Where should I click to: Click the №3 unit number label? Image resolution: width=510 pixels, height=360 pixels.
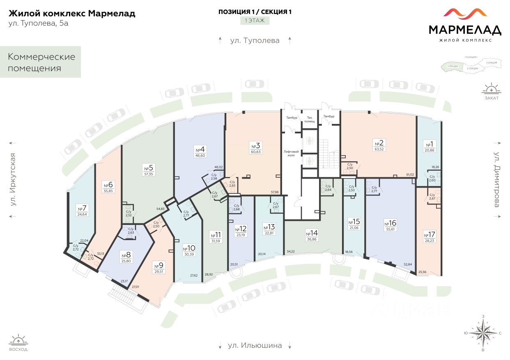(x=256, y=146)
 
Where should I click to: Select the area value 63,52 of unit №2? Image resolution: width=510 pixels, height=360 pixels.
(x=379, y=149)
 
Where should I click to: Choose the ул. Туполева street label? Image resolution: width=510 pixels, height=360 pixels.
(x=255, y=40)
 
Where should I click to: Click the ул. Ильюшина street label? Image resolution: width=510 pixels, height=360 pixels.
(x=255, y=345)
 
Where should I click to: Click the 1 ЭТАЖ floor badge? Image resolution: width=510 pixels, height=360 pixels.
(x=255, y=20)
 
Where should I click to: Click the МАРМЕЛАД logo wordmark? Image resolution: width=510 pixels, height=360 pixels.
(x=465, y=30)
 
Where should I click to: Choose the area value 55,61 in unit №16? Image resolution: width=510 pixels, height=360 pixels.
(x=390, y=230)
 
